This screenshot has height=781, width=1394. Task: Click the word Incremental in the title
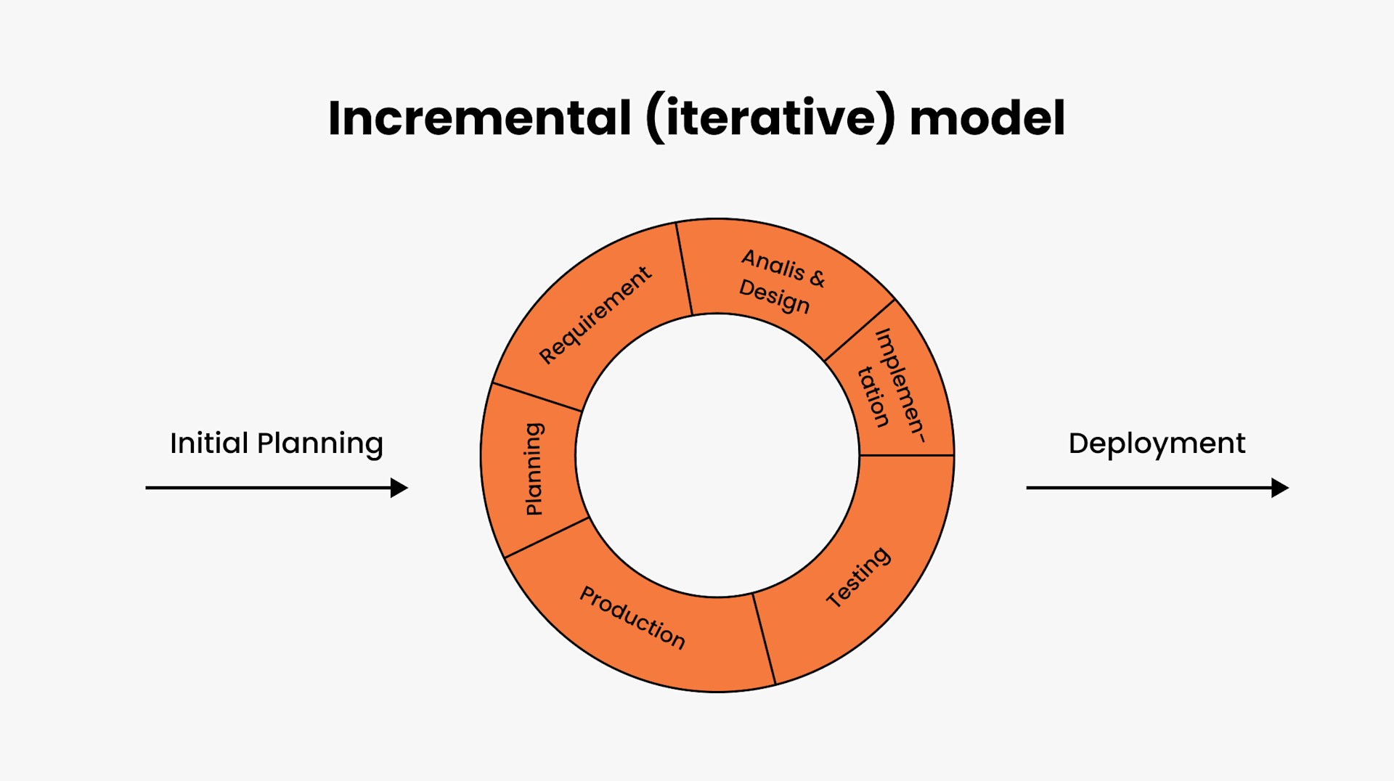[479, 118]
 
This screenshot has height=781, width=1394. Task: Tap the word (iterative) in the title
[770, 118]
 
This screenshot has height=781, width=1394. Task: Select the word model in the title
[987, 118]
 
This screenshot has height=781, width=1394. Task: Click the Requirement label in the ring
[595, 315]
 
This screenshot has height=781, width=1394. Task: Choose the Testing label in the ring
[858, 577]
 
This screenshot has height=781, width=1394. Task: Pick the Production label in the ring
[632, 618]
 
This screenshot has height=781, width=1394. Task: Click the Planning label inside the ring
[534, 469]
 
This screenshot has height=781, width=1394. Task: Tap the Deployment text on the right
[1157, 443]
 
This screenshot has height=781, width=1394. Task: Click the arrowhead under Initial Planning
[399, 488]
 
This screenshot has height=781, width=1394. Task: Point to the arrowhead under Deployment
[1280, 488]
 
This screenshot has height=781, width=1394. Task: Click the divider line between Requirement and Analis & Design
[684, 269]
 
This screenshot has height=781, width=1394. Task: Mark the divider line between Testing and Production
[764, 639]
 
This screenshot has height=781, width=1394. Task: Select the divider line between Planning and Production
[546, 537]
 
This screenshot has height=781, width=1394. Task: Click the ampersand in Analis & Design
[817, 278]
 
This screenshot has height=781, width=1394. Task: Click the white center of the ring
[717, 456]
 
